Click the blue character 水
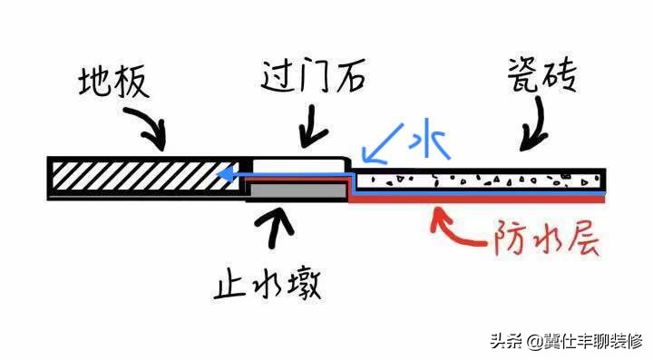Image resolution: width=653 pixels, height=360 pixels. [x=422, y=141]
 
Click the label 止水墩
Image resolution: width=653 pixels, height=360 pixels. [x=269, y=284]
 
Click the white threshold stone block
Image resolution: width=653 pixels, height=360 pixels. [x=299, y=169]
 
